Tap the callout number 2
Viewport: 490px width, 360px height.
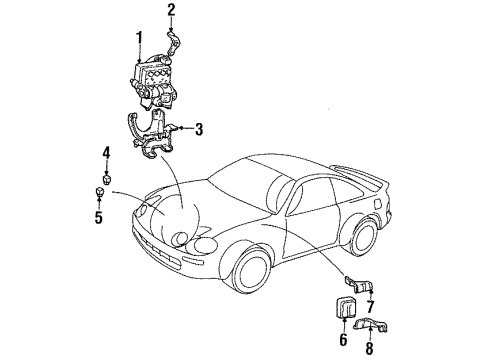pos(171,11)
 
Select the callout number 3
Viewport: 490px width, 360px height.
pos(199,128)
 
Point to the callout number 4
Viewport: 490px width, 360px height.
pos(105,152)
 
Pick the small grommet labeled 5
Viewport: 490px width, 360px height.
pos(101,192)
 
